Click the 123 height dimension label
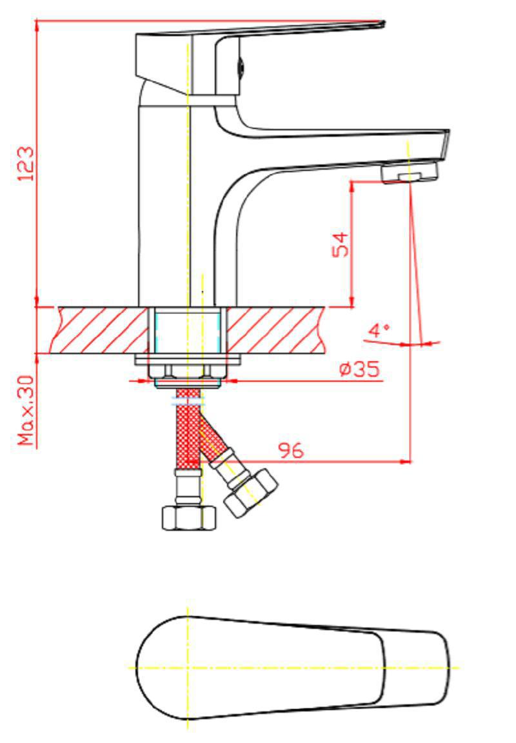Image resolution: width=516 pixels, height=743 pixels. pos(26,163)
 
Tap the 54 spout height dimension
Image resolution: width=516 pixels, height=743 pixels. pos(340,244)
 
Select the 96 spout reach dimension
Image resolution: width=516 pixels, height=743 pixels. pos(290,450)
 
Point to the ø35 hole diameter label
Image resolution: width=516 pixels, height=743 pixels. pos(360,369)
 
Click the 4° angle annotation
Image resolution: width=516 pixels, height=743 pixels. pos(379,330)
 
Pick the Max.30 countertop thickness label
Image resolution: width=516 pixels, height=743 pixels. pos(27,410)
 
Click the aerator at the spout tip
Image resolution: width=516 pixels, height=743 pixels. pos(410,172)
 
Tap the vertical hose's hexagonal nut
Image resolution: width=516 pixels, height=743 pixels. pos(189,518)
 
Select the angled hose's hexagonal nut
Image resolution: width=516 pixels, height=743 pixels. pos(251,493)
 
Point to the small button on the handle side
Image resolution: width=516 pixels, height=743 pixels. pos(241,66)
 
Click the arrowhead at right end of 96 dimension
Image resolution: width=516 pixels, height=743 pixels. pos(406,461)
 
